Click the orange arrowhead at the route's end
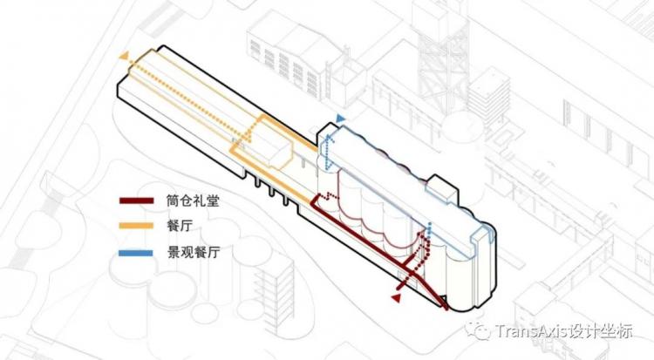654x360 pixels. coord(125,57)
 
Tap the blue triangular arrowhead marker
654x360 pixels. coord(341,119)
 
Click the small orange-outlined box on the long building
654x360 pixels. coord(271,155)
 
